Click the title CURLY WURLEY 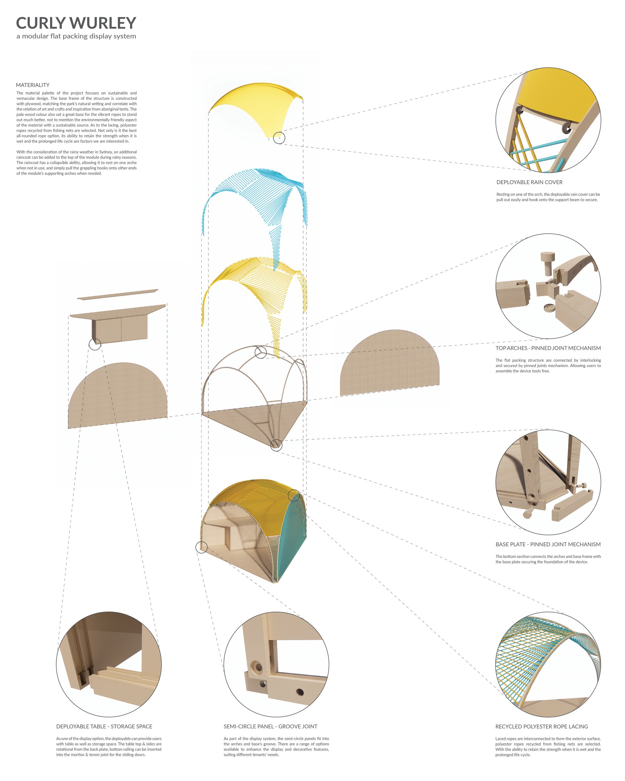point(76,23)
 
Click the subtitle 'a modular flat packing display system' point(76,36)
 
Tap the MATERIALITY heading point(32,85)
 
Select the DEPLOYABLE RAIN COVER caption point(529,182)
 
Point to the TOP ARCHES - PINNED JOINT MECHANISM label point(548,348)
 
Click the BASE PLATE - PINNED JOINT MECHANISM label point(548,545)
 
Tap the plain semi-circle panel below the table point(118,397)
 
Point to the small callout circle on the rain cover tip point(279,138)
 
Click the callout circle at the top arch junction point(261,352)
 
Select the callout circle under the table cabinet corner point(95,344)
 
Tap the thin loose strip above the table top point(118,294)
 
